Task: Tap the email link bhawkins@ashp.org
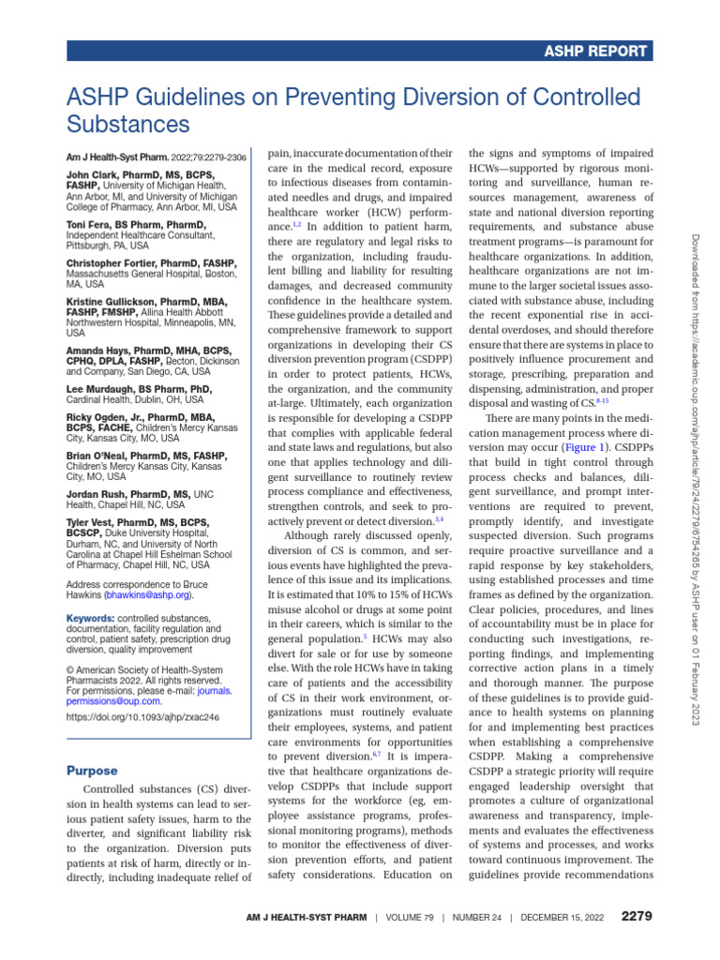pos(148,594)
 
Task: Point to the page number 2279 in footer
pos(637,915)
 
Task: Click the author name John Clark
pos(92,174)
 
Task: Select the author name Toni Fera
pos(89,225)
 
